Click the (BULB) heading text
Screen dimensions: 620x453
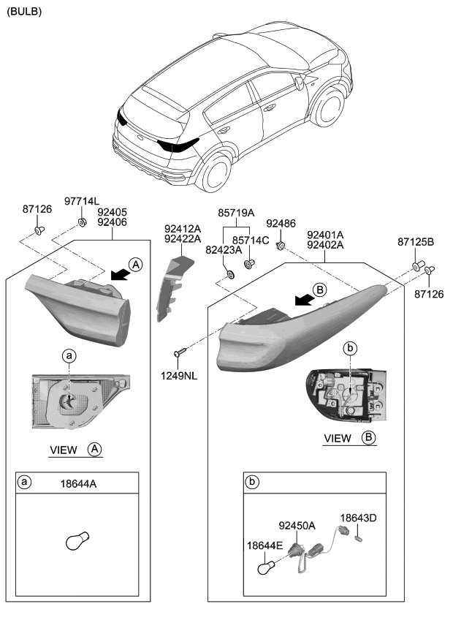click(24, 12)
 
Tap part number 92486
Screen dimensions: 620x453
click(281, 223)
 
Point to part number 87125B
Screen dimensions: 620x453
click(416, 241)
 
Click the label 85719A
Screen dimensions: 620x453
click(236, 213)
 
